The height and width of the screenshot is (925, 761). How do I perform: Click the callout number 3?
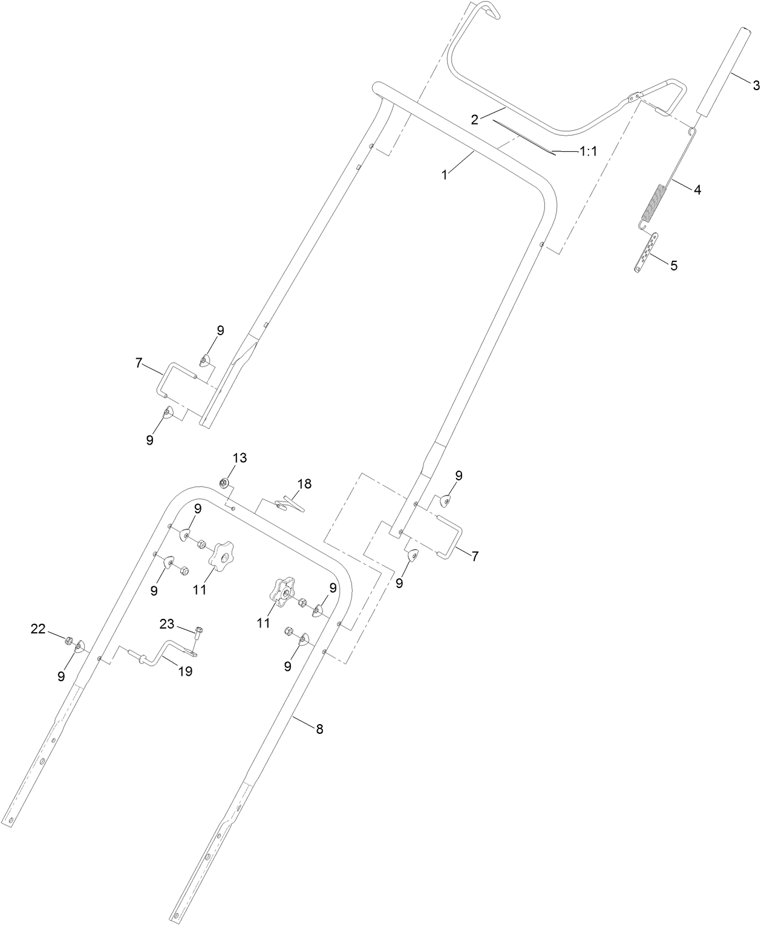755,85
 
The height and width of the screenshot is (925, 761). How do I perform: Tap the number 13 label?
240,458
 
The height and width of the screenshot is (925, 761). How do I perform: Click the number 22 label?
38,630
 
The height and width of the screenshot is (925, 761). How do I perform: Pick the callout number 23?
167,624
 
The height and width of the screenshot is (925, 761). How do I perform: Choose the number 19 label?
185,671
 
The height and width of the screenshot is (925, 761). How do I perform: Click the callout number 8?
319,730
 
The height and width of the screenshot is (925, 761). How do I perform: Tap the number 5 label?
673,264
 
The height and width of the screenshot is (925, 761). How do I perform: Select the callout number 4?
697,189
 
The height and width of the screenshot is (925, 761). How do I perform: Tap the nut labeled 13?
223,483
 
